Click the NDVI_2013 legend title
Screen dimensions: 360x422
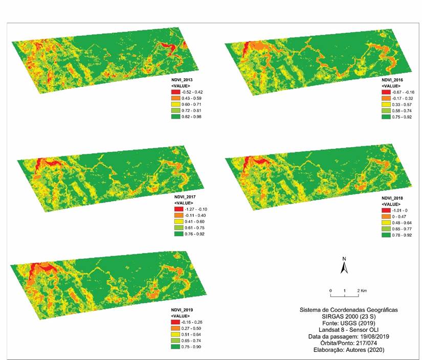pos(184,81)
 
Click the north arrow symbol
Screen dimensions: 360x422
pos(345,264)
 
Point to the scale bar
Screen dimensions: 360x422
pos(345,295)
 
